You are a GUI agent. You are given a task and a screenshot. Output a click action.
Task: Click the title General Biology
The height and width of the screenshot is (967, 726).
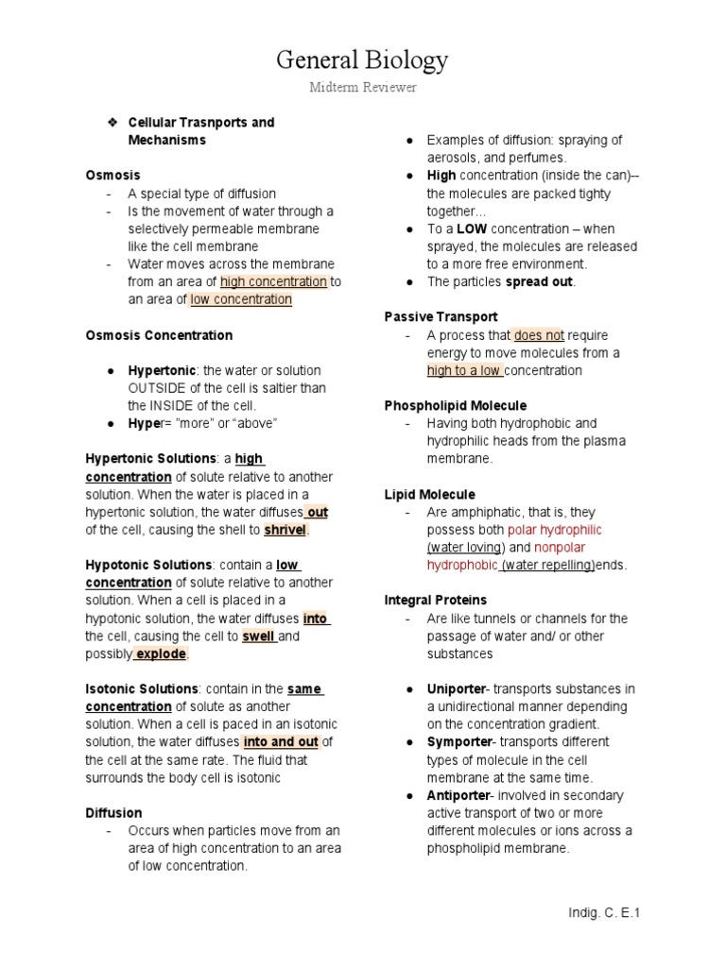click(362, 61)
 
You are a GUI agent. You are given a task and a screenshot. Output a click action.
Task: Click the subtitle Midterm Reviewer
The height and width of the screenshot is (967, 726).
click(362, 88)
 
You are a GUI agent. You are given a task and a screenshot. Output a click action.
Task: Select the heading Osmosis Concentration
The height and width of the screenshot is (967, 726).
click(159, 335)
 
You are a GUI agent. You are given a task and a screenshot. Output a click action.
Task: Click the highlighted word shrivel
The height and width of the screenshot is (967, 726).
click(285, 530)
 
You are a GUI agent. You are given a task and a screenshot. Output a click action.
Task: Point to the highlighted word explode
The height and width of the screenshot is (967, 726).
click(161, 653)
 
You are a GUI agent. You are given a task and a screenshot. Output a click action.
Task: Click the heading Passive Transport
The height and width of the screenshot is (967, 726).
click(441, 317)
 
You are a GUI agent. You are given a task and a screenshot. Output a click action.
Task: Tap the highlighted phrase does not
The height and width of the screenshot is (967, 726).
click(539, 335)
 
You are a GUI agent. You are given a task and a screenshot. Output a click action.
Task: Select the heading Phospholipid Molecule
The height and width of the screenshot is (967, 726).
click(455, 406)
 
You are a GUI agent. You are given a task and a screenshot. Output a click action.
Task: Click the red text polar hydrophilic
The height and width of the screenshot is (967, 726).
click(555, 530)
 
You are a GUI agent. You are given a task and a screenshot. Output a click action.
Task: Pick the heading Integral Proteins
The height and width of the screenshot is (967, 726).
click(436, 601)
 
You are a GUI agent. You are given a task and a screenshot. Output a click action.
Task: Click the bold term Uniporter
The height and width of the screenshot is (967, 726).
click(457, 689)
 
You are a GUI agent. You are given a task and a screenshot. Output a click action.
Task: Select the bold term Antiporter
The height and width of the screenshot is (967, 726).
click(459, 795)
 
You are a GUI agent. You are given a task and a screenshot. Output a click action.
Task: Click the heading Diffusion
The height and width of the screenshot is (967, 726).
click(113, 813)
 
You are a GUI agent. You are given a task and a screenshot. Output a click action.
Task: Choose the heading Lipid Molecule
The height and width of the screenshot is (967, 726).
click(429, 495)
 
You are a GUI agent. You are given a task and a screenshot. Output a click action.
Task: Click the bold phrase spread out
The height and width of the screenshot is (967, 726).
click(540, 281)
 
